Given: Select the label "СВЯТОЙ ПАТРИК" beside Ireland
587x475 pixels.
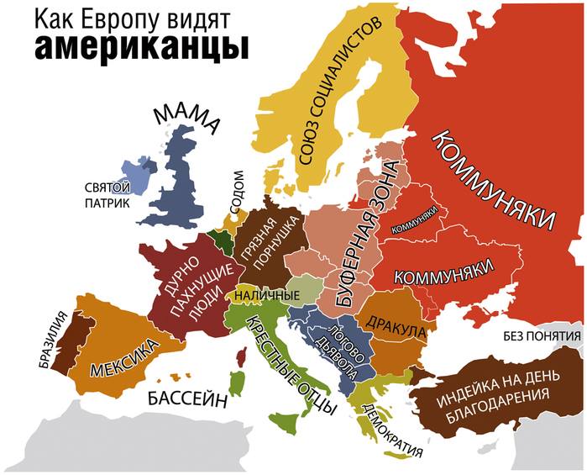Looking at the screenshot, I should [107, 195].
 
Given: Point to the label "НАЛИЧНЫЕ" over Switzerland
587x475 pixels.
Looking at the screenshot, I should [267, 295].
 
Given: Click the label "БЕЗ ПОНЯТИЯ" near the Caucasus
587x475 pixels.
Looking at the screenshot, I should [542, 337].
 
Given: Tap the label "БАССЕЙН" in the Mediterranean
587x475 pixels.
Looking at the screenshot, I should [187, 398].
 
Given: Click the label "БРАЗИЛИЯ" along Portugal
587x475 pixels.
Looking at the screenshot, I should [52, 340].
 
